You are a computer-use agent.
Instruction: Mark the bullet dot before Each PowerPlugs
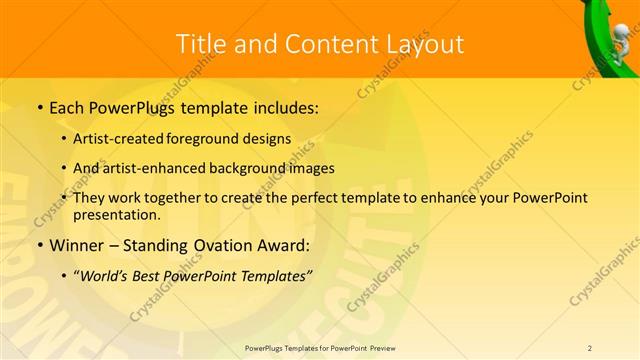[x=39, y=105]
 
